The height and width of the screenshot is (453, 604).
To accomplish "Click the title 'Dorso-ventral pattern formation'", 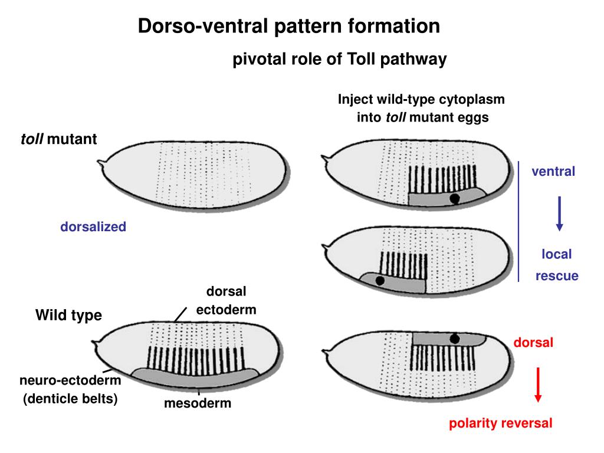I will [x=289, y=27].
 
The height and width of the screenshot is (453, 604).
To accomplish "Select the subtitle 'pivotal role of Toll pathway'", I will [x=339, y=60].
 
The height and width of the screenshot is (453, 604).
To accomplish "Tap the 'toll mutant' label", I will [x=59, y=139].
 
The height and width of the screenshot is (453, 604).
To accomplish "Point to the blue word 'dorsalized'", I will [x=93, y=226].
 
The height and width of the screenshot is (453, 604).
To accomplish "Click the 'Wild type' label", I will [x=68, y=316].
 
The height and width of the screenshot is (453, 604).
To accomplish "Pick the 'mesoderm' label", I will [x=198, y=404].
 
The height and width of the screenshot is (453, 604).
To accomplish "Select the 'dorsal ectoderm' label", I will [x=226, y=301].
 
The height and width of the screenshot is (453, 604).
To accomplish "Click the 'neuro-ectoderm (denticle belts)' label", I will [x=70, y=389].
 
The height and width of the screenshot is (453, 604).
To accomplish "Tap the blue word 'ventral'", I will [x=553, y=172].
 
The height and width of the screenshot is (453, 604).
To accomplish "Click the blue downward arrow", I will [x=560, y=214].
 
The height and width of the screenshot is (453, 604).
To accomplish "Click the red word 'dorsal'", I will [x=533, y=342].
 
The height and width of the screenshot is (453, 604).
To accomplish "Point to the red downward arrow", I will [x=538, y=384].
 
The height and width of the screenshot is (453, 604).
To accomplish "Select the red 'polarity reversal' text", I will [x=501, y=423].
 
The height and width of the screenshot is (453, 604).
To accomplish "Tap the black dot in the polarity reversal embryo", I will [x=454, y=339].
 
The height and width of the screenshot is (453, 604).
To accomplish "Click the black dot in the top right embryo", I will [x=454, y=199].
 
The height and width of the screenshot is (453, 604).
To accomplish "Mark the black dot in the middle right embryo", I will [x=380, y=281].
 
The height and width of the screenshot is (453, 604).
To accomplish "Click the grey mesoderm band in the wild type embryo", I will [x=195, y=375].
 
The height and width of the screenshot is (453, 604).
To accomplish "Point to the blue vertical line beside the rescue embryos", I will [x=519, y=221].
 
